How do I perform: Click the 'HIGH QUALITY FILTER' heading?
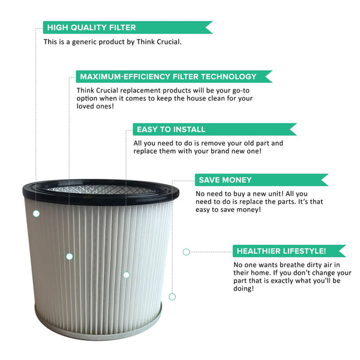click(x=91, y=28)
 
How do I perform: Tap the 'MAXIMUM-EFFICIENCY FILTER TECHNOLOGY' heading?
click(x=168, y=77)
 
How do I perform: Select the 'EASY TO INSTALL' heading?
click(x=171, y=129)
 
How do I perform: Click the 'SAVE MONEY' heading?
click(x=225, y=180)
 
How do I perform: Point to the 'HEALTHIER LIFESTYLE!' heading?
click(x=281, y=251)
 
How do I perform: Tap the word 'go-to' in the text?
click(x=241, y=91)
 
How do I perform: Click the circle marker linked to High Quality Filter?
click(x=36, y=214)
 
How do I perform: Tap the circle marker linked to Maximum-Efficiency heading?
click(x=70, y=256)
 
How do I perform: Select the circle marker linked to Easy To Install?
click(x=126, y=275)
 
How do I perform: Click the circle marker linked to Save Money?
click(x=172, y=296)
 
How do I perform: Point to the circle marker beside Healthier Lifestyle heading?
click(x=186, y=252)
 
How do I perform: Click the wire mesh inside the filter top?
click(x=101, y=190)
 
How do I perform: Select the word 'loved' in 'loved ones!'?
click(x=85, y=106)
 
